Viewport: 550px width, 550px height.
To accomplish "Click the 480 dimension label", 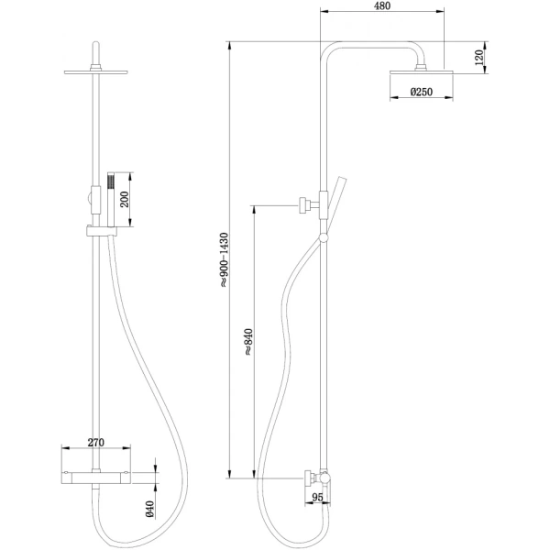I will coord(382,7).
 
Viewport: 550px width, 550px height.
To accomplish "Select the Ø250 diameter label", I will coord(421,92).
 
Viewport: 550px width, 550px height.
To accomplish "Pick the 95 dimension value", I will coord(319,500).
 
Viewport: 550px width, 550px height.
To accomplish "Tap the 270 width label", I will coord(94,442).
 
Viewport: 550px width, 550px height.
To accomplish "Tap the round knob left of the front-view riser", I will coord(88,194).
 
